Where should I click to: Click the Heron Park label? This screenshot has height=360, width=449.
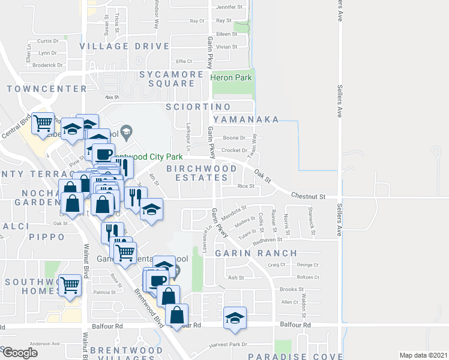pos(231,77)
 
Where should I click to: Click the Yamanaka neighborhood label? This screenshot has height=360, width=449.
pos(246,119)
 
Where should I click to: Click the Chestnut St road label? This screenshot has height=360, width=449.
pos(308,196)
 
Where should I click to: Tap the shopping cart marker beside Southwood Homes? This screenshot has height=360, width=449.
pos(70,284)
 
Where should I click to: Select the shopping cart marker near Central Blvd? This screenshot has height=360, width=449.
pos(43,124)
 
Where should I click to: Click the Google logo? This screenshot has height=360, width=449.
pos(20,353)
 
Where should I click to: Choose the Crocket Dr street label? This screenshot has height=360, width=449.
pos(235,151)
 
